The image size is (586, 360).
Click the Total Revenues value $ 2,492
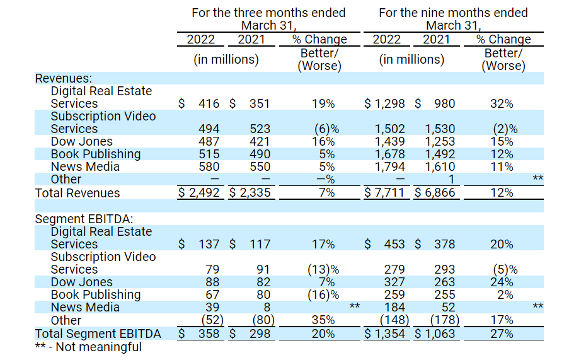(x=199, y=192)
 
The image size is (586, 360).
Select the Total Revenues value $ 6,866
(x=434, y=192)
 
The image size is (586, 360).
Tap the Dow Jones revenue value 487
(x=209, y=141)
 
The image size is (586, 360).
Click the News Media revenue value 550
(x=259, y=166)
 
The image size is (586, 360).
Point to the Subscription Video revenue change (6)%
(x=326, y=129)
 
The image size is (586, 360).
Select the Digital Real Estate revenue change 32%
(x=502, y=103)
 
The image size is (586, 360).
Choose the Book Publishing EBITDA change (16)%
(x=323, y=294)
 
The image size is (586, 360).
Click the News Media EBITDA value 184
(x=394, y=307)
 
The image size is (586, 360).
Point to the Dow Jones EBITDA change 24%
(x=502, y=282)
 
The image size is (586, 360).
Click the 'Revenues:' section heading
(x=64, y=78)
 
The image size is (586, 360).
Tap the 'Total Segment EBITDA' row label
(x=98, y=334)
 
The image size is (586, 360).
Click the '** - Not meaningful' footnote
(x=88, y=347)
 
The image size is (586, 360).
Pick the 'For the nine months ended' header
(x=454, y=13)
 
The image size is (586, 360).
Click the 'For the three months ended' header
(x=269, y=13)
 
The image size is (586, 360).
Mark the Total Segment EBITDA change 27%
(x=502, y=334)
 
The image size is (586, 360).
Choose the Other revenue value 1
(x=451, y=180)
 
